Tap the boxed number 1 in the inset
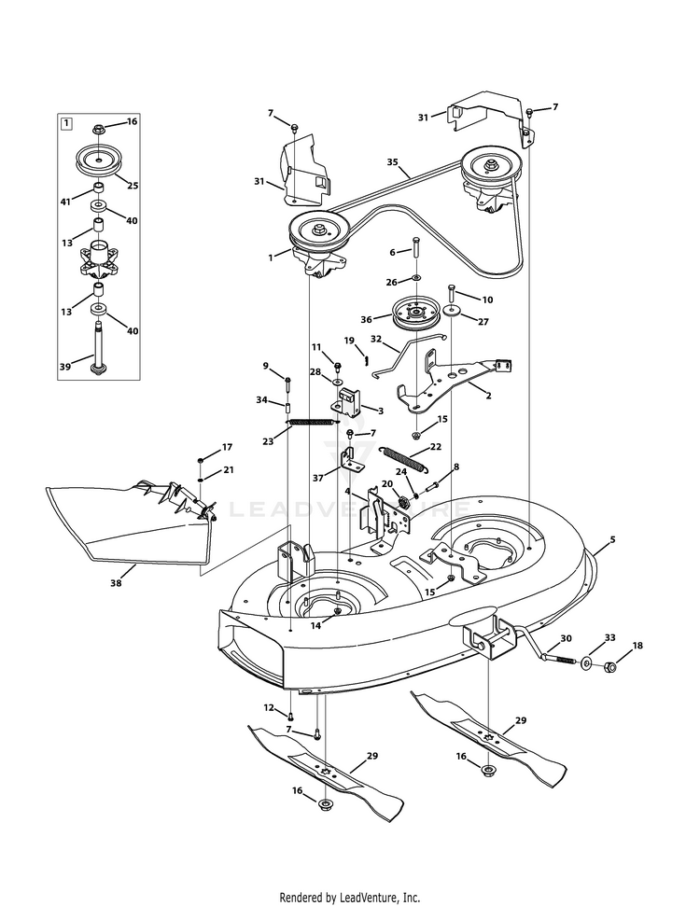click(66, 122)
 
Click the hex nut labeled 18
click(608, 668)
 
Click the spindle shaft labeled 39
click(97, 346)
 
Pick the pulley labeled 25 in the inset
click(99, 160)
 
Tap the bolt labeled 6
click(415, 250)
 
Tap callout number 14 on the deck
click(316, 626)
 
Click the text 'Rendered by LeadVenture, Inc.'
click(350, 898)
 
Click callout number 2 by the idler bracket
click(486, 395)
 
